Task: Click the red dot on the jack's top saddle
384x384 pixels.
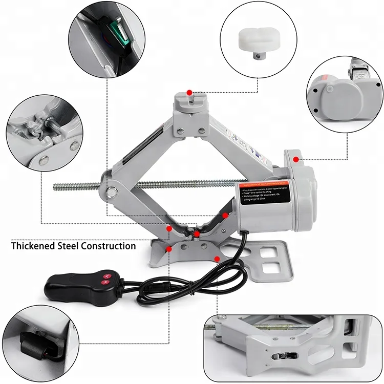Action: click(189, 92)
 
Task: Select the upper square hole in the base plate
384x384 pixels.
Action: click(264, 252)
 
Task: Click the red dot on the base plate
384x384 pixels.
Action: click(218, 259)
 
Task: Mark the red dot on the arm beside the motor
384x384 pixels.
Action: click(224, 216)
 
